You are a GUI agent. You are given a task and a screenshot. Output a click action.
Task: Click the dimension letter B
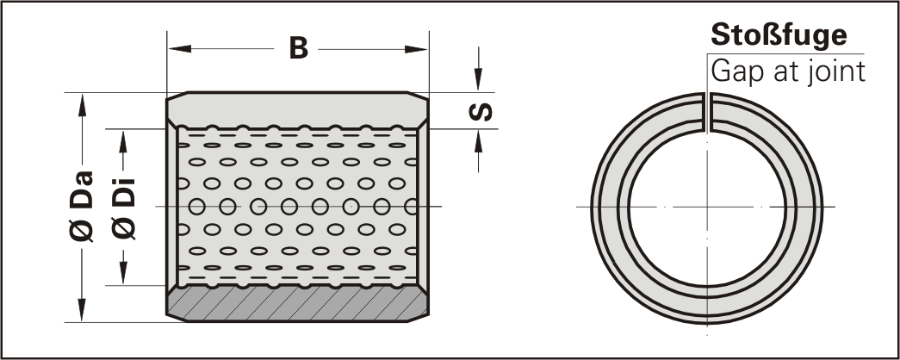(299, 49)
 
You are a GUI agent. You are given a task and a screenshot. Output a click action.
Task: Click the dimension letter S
(481, 111)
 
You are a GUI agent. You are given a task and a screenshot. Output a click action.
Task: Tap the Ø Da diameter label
(82, 207)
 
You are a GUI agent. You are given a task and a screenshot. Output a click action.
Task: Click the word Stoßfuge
(779, 35)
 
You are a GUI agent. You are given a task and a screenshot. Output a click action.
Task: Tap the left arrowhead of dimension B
(180, 49)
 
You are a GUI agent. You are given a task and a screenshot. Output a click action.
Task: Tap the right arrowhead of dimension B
(416, 49)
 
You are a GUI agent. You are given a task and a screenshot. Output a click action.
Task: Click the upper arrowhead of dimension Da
(82, 105)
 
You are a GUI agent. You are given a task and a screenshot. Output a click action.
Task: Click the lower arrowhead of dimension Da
(82, 310)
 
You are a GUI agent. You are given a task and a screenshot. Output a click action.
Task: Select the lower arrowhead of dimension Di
(123, 273)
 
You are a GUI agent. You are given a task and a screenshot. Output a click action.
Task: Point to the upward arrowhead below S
(478, 141)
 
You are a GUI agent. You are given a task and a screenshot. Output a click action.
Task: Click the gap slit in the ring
(707, 111)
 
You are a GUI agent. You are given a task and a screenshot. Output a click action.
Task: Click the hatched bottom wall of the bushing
(297, 303)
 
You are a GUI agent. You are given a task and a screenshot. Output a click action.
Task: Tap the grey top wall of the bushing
(297, 109)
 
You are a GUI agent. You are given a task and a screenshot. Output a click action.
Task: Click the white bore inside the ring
(707, 208)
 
